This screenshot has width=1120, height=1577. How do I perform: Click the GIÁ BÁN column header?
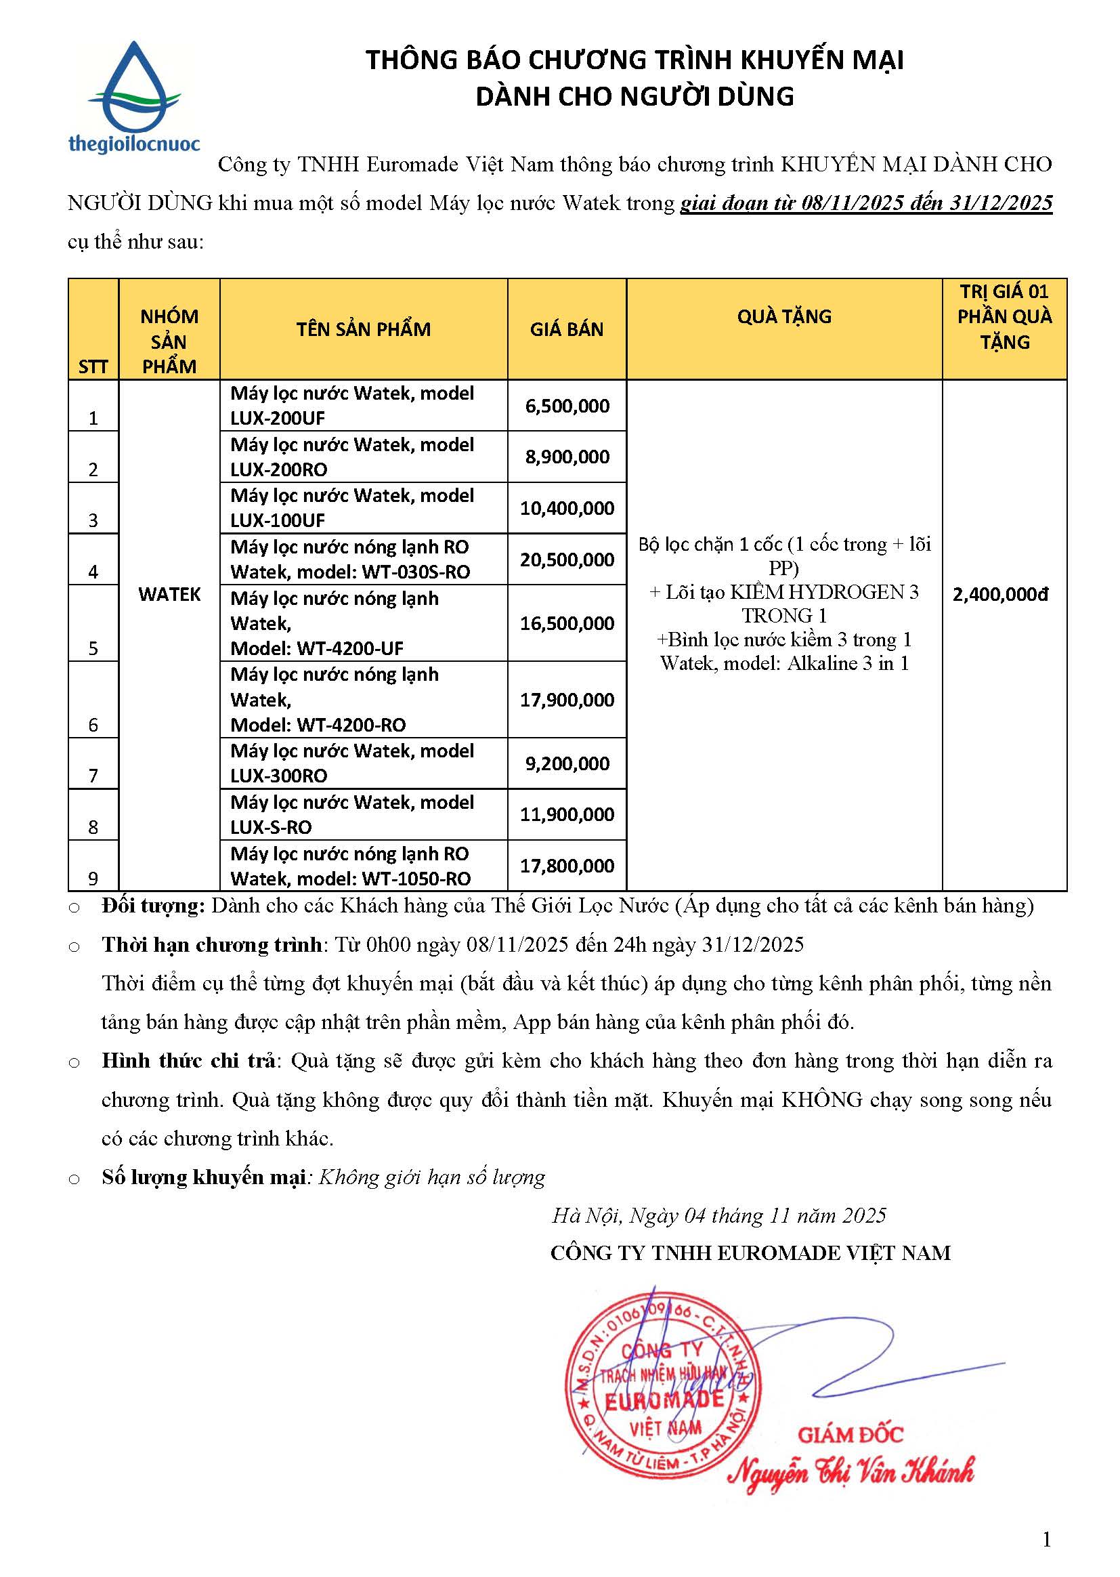click(x=566, y=329)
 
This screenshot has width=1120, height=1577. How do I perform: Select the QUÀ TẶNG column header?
click(x=784, y=316)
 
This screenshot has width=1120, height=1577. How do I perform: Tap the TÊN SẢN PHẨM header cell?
click(x=364, y=329)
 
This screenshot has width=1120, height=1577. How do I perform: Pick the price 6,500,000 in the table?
click(x=567, y=406)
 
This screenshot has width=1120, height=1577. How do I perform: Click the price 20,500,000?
click(x=567, y=560)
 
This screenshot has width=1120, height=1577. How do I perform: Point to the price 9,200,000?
click(x=567, y=763)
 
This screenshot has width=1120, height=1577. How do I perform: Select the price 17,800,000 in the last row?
click(x=567, y=866)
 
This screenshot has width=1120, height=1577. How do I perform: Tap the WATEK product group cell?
click(x=169, y=594)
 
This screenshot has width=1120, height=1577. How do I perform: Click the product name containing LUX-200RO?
click(x=351, y=457)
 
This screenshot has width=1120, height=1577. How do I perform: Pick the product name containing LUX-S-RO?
click(x=351, y=815)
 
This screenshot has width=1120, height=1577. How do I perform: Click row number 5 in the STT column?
click(x=93, y=648)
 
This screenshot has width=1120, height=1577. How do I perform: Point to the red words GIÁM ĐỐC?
click(x=850, y=1435)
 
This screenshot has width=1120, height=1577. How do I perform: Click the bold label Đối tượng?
click(x=153, y=906)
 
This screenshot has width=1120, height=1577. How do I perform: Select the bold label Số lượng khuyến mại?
click(x=203, y=1177)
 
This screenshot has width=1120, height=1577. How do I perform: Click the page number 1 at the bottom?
click(x=1047, y=1539)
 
